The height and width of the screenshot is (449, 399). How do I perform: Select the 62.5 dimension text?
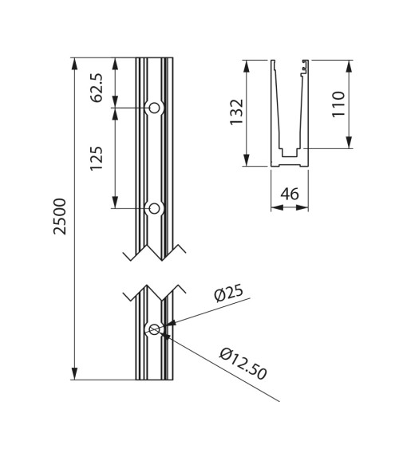(x=97, y=87)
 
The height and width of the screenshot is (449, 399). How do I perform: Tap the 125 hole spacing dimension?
(x=97, y=159)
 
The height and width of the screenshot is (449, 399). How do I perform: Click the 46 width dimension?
(x=290, y=194)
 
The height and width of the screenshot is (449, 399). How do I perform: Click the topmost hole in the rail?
(x=155, y=108)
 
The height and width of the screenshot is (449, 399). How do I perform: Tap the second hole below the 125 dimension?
(x=155, y=209)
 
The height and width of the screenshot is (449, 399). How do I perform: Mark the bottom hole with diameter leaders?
(x=154, y=329)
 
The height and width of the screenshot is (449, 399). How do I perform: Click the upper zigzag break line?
(x=154, y=252)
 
